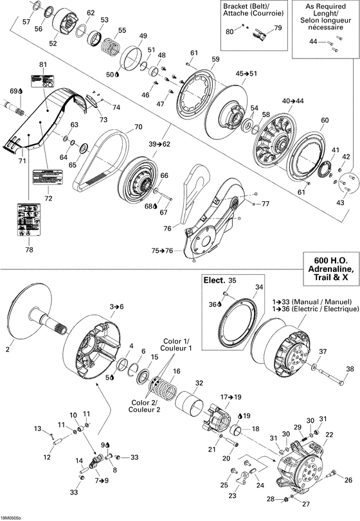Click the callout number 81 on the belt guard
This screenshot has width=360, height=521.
coord(43,66)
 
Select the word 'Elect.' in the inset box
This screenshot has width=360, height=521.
coord(214,280)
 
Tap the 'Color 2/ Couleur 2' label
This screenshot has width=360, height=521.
coord(145,406)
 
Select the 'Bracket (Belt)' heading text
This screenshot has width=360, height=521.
coord(247,6)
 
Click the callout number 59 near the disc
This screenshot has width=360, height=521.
coord(215,60)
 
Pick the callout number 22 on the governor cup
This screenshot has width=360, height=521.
coord(329,435)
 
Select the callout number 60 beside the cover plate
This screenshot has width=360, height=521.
coord(324,121)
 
